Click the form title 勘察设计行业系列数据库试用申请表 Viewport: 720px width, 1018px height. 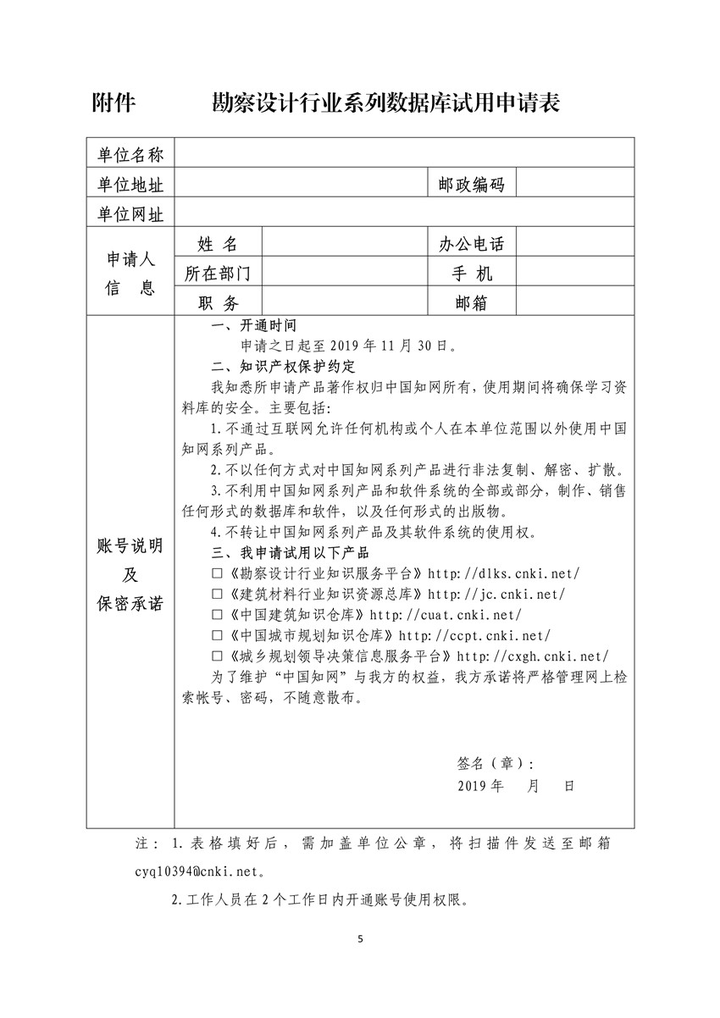[385, 103]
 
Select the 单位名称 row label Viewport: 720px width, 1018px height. [130, 154]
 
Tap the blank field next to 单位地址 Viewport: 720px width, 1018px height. [301, 184]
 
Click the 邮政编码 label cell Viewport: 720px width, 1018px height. [471, 184]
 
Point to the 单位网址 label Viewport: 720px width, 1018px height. [130, 213]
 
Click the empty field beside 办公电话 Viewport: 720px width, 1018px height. [574, 244]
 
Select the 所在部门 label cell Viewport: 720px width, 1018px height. [218, 273]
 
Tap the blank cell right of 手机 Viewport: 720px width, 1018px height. [574, 273]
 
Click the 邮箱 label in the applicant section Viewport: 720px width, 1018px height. [471, 302]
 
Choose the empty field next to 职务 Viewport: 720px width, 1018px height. [343, 302]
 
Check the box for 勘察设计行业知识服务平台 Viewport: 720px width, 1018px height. [218, 573]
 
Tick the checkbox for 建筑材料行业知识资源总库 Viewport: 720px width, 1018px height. [218, 594]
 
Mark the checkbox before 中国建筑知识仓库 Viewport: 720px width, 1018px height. [218, 614]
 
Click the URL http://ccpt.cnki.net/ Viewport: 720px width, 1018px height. [474, 635]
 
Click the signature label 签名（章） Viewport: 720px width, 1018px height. [495, 762]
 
